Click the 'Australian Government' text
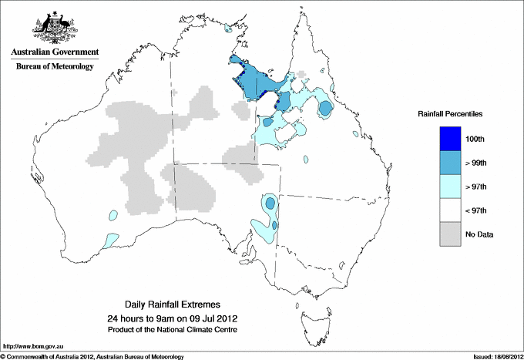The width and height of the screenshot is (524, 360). click(x=54, y=52)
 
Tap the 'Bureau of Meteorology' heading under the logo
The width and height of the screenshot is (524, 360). click(x=54, y=67)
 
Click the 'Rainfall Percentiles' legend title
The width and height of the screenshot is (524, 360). click(x=450, y=113)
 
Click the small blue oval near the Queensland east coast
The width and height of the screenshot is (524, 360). click(x=326, y=108)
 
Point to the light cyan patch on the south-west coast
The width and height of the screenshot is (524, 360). click(x=109, y=241)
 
